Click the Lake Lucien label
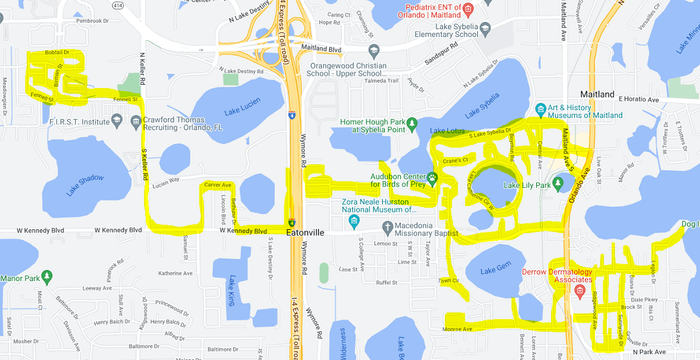tap(242, 107)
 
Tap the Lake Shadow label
tap(85, 185)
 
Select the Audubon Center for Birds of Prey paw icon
tap(431, 177)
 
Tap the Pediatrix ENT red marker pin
tap(471, 8)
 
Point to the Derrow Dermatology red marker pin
tap(581, 289)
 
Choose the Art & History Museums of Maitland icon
tap(541, 107)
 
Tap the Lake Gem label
tap(496, 270)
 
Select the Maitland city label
tap(597, 95)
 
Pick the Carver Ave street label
tap(218, 185)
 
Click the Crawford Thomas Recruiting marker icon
tap(136, 121)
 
